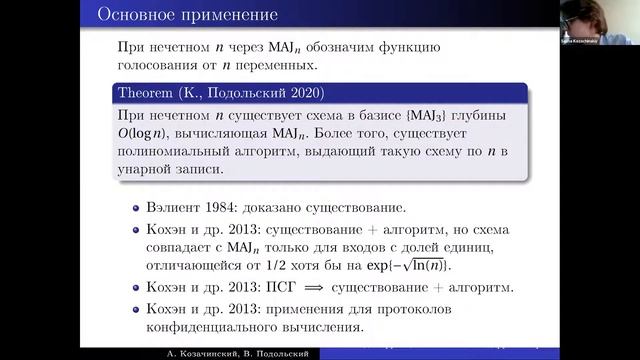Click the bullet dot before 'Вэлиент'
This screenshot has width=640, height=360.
click(137, 211)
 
